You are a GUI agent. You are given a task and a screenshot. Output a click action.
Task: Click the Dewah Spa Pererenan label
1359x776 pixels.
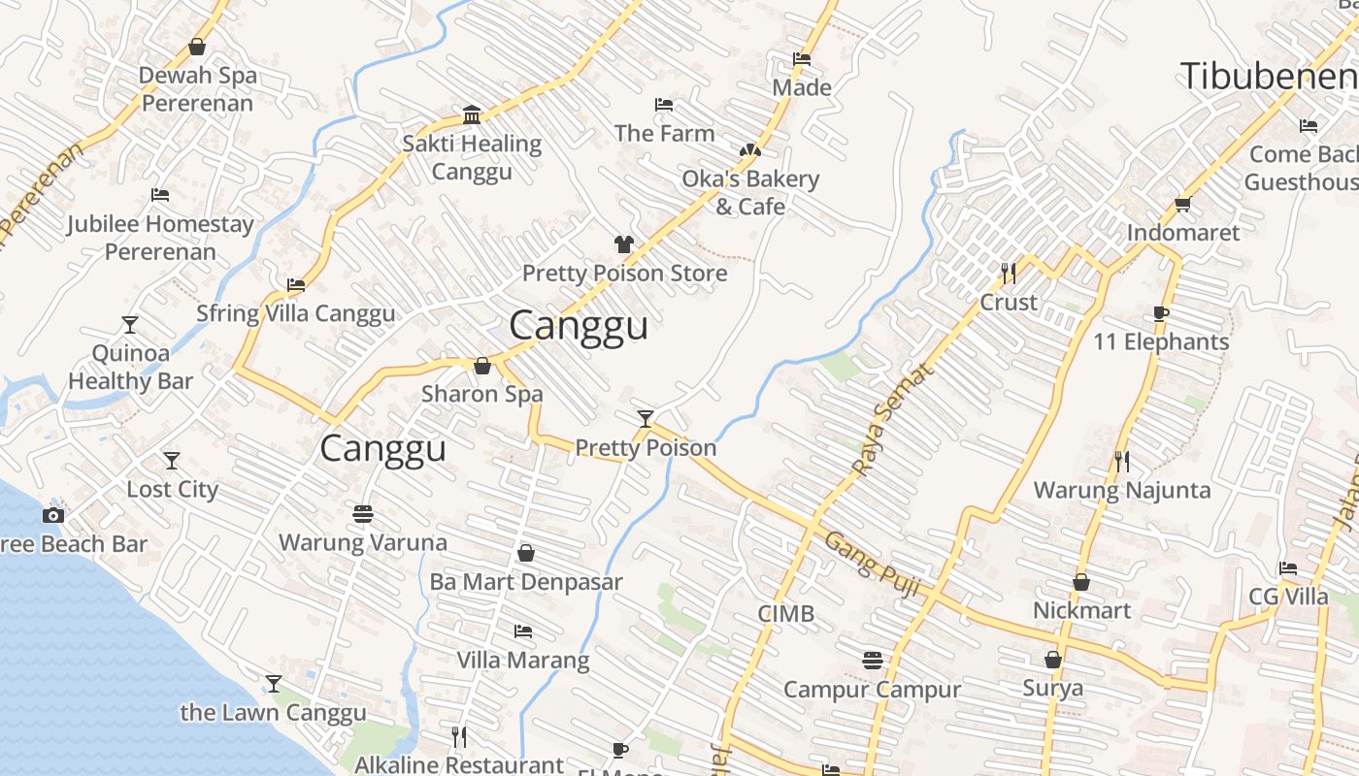[x=197, y=89]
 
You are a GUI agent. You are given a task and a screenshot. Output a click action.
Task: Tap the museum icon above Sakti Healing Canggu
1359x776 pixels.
[x=472, y=114]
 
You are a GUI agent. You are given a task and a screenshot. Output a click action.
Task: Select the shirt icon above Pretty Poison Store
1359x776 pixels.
[x=623, y=243]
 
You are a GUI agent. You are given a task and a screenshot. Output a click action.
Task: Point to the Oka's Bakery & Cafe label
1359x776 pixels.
[x=750, y=192]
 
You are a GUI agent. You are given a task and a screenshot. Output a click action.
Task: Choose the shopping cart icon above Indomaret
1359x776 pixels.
[x=1182, y=204]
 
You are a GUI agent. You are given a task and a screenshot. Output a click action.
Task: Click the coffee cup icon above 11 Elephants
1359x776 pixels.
[x=1160, y=313]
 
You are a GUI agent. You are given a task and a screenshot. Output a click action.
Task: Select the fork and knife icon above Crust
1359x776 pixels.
[x=1009, y=274]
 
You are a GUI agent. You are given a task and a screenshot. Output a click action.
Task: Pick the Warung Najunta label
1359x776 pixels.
[x=1122, y=490]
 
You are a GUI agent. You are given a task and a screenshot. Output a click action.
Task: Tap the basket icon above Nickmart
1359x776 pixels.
[x=1081, y=582]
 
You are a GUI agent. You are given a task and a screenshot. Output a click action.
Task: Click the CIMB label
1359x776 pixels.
[x=785, y=614]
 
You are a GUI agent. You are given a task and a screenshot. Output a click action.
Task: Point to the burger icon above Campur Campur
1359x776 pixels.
[x=872, y=661]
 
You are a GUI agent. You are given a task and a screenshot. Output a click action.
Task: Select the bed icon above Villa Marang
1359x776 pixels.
[x=523, y=631]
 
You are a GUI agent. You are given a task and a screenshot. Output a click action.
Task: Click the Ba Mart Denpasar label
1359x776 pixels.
[x=526, y=582]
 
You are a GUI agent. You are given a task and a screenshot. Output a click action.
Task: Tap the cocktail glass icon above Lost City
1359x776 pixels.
[x=172, y=460]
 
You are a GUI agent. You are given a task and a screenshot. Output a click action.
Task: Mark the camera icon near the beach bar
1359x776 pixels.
[x=53, y=515]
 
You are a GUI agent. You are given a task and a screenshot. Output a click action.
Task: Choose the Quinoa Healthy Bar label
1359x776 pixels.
[x=130, y=367]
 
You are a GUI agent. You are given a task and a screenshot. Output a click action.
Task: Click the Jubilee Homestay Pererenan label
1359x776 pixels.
[x=160, y=238]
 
